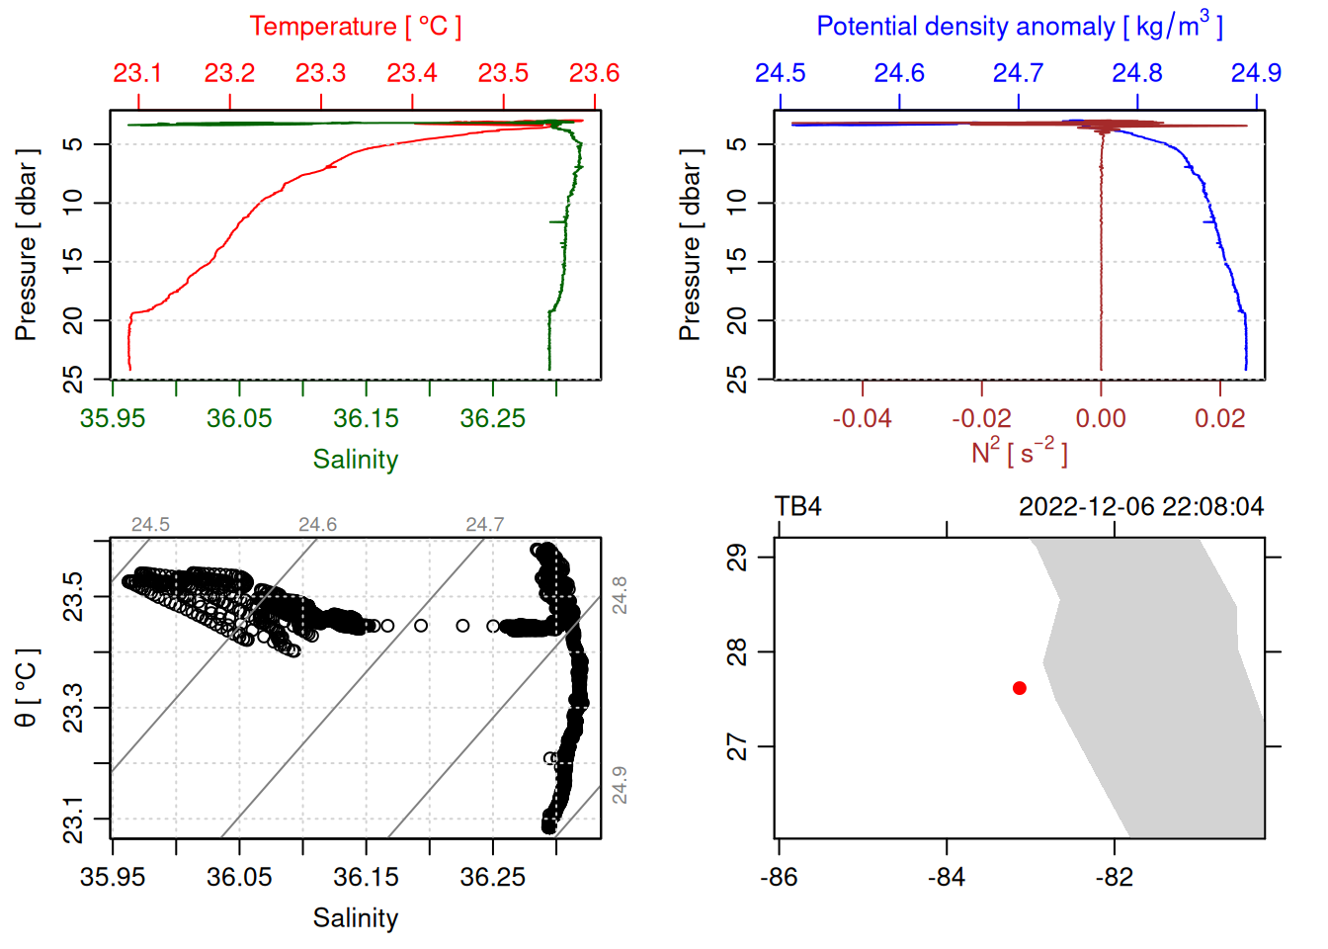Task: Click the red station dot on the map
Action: (x=1020, y=688)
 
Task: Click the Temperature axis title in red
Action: (x=355, y=27)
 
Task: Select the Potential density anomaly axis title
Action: (x=1019, y=26)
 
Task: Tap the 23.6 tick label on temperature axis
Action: (x=594, y=73)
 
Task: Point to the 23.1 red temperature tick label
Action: (x=137, y=73)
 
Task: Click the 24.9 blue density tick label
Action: (x=1255, y=73)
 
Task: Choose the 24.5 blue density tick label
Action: (x=780, y=73)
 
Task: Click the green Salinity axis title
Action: (x=355, y=460)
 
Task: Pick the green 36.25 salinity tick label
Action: (x=492, y=418)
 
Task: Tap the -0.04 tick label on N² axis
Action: (x=862, y=418)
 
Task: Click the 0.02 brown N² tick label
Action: (x=1219, y=418)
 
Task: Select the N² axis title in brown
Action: (x=1019, y=453)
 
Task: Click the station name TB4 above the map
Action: (x=797, y=507)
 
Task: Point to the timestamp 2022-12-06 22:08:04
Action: (x=1141, y=507)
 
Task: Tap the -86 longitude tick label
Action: (x=779, y=877)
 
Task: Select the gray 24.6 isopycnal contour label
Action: (x=317, y=525)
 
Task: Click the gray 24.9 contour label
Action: (x=619, y=785)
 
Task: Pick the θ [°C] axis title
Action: (x=27, y=688)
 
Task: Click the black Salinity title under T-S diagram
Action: (x=355, y=918)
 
